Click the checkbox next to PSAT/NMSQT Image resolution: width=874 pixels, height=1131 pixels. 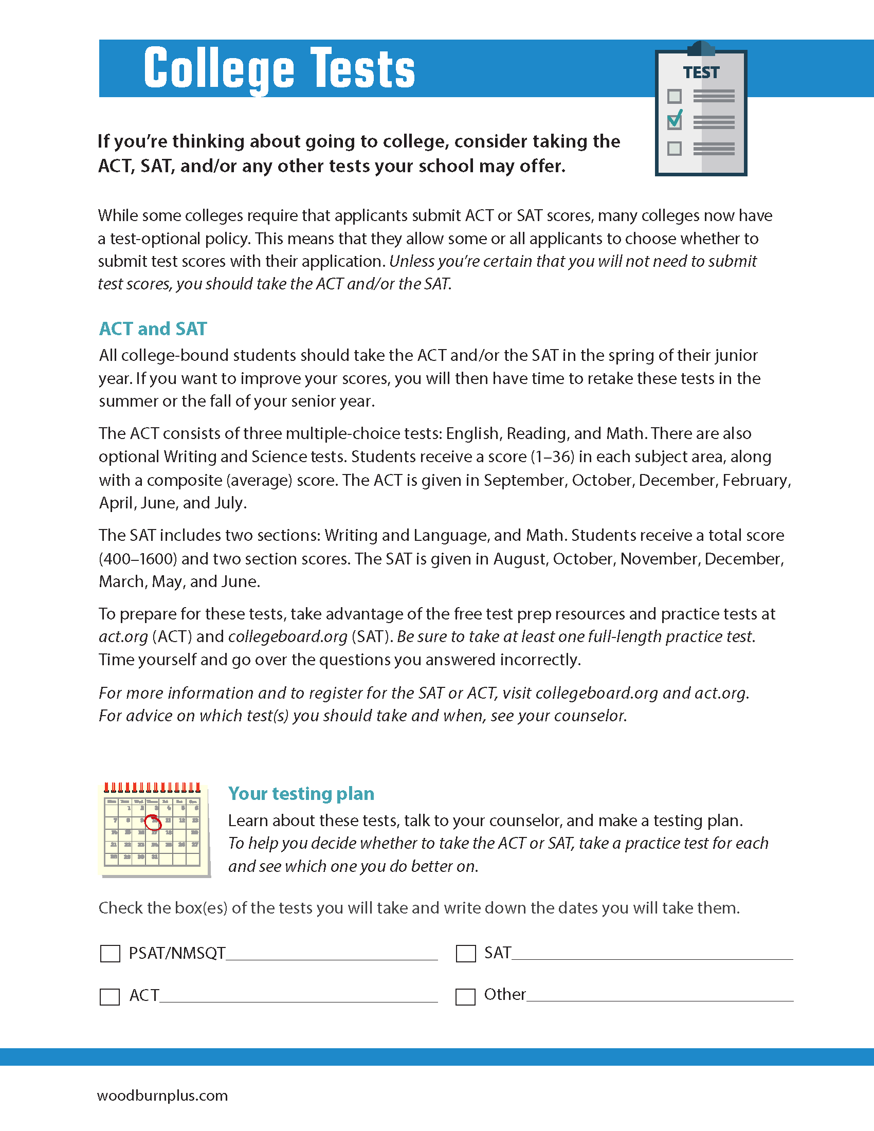pyautogui.click(x=110, y=953)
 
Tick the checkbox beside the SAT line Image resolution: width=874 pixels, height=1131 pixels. pyautogui.click(x=465, y=953)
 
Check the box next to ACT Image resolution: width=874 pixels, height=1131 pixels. pyautogui.click(x=110, y=996)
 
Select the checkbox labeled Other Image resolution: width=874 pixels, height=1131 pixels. pyautogui.click(x=465, y=996)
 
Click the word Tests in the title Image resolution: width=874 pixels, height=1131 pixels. pyautogui.click(x=362, y=69)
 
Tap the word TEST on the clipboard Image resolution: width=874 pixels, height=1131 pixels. pyautogui.click(x=701, y=72)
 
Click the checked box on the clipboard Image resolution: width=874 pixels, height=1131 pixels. pyautogui.click(x=674, y=122)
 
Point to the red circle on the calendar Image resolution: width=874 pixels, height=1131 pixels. pyautogui.click(x=153, y=822)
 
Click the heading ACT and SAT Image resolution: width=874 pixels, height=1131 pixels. pyautogui.click(x=153, y=329)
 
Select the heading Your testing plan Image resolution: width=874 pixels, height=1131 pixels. pyautogui.click(x=301, y=793)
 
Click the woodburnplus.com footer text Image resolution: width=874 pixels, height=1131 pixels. pyautogui.click(x=162, y=1096)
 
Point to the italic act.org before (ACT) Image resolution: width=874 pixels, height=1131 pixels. pyautogui.click(x=123, y=636)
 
